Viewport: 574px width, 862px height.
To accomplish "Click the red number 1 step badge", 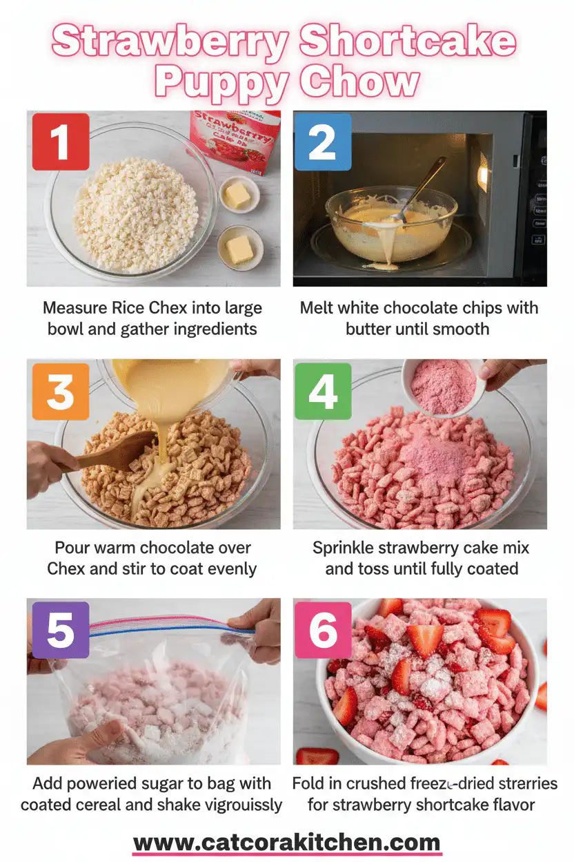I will pyautogui.click(x=60, y=142).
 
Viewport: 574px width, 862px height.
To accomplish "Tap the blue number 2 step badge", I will pyautogui.click(x=322, y=142).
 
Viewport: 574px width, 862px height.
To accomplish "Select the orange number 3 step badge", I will pyautogui.click(x=60, y=392).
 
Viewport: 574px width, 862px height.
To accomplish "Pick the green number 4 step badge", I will pyautogui.click(x=322, y=392).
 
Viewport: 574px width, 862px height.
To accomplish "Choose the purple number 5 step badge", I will pyautogui.click(x=60, y=629).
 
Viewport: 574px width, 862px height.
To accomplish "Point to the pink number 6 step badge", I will pyautogui.click(x=322, y=629).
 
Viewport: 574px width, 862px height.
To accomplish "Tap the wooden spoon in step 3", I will pyautogui.click(x=114, y=452).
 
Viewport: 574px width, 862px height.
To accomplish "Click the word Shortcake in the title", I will pyautogui.click(x=407, y=43).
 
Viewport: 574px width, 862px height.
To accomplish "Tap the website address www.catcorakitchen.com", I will pyautogui.click(x=286, y=843).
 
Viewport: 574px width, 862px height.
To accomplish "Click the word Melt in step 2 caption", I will pyautogui.click(x=319, y=308).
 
